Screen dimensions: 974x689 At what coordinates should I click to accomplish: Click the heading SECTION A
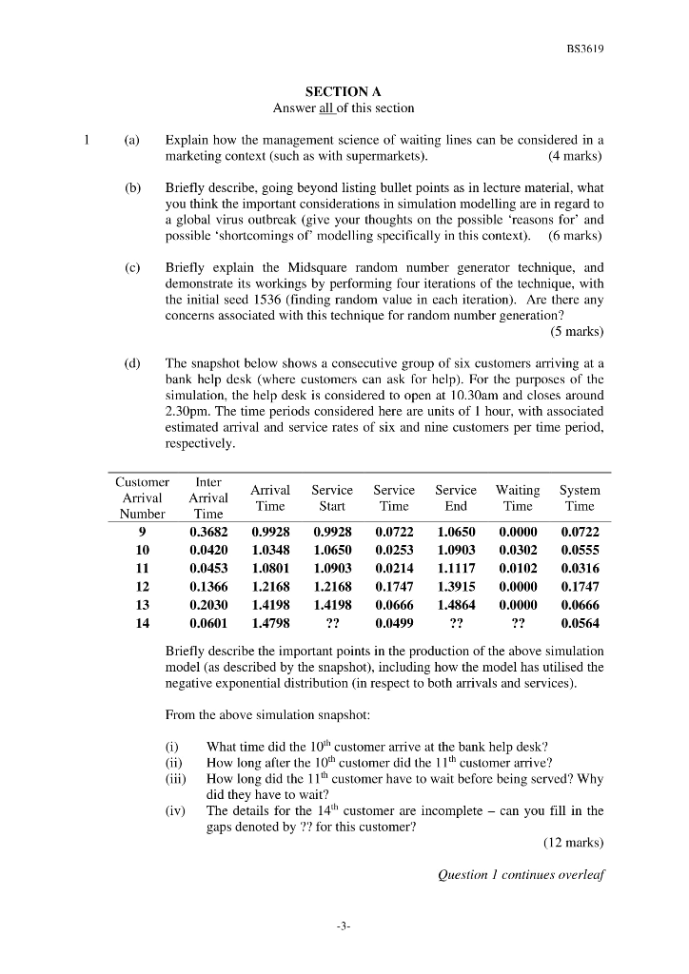[x=344, y=92]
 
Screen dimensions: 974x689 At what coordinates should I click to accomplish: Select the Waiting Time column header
[x=518, y=497]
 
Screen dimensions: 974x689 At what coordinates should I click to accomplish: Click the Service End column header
[x=456, y=497]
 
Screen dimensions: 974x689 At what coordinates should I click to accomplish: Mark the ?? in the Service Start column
[x=332, y=623]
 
